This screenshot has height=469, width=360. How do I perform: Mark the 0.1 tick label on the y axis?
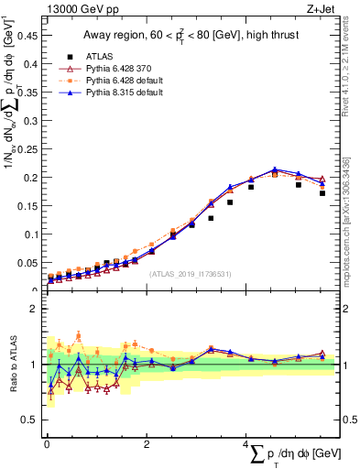(32, 234)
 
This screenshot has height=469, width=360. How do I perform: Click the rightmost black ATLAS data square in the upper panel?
(322, 193)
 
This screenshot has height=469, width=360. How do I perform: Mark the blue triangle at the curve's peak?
(274, 169)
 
